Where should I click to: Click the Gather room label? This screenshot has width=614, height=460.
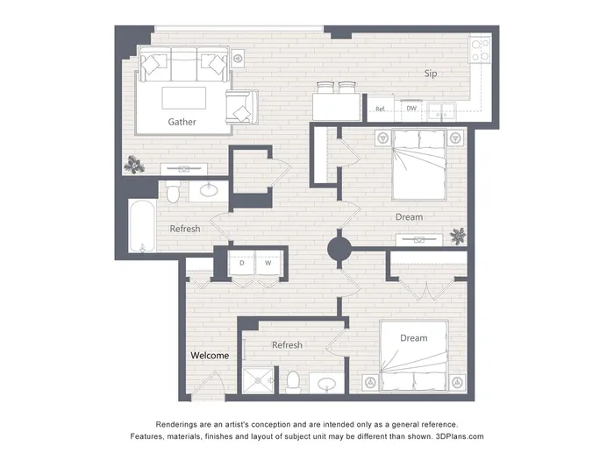point(182,122)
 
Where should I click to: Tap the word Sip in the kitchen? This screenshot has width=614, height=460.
point(431,74)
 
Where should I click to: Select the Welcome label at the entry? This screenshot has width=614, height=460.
point(210,356)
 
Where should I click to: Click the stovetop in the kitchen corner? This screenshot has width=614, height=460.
point(480,50)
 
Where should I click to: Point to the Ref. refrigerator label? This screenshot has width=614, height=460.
point(380,110)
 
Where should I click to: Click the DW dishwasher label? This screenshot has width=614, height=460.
point(411,109)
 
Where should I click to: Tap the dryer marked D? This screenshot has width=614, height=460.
point(241,263)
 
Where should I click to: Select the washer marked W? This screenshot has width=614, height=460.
point(268,263)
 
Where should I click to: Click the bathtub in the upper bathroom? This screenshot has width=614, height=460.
point(142,226)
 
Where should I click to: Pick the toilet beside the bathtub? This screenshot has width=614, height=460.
point(173,191)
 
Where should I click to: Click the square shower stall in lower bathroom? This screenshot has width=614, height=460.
point(258,379)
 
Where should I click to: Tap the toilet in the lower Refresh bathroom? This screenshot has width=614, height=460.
point(293,382)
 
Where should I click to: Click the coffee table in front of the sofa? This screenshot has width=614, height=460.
point(184,98)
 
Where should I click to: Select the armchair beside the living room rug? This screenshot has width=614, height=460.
point(241,107)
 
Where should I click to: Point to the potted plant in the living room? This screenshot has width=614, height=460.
point(134,165)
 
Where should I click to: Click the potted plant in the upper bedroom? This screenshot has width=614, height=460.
point(458,236)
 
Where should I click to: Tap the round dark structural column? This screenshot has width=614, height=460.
point(339,249)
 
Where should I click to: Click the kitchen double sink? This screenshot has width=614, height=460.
point(441,110)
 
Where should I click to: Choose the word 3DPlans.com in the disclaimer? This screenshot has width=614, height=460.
point(460,436)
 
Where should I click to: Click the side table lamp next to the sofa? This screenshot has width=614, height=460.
point(238,59)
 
